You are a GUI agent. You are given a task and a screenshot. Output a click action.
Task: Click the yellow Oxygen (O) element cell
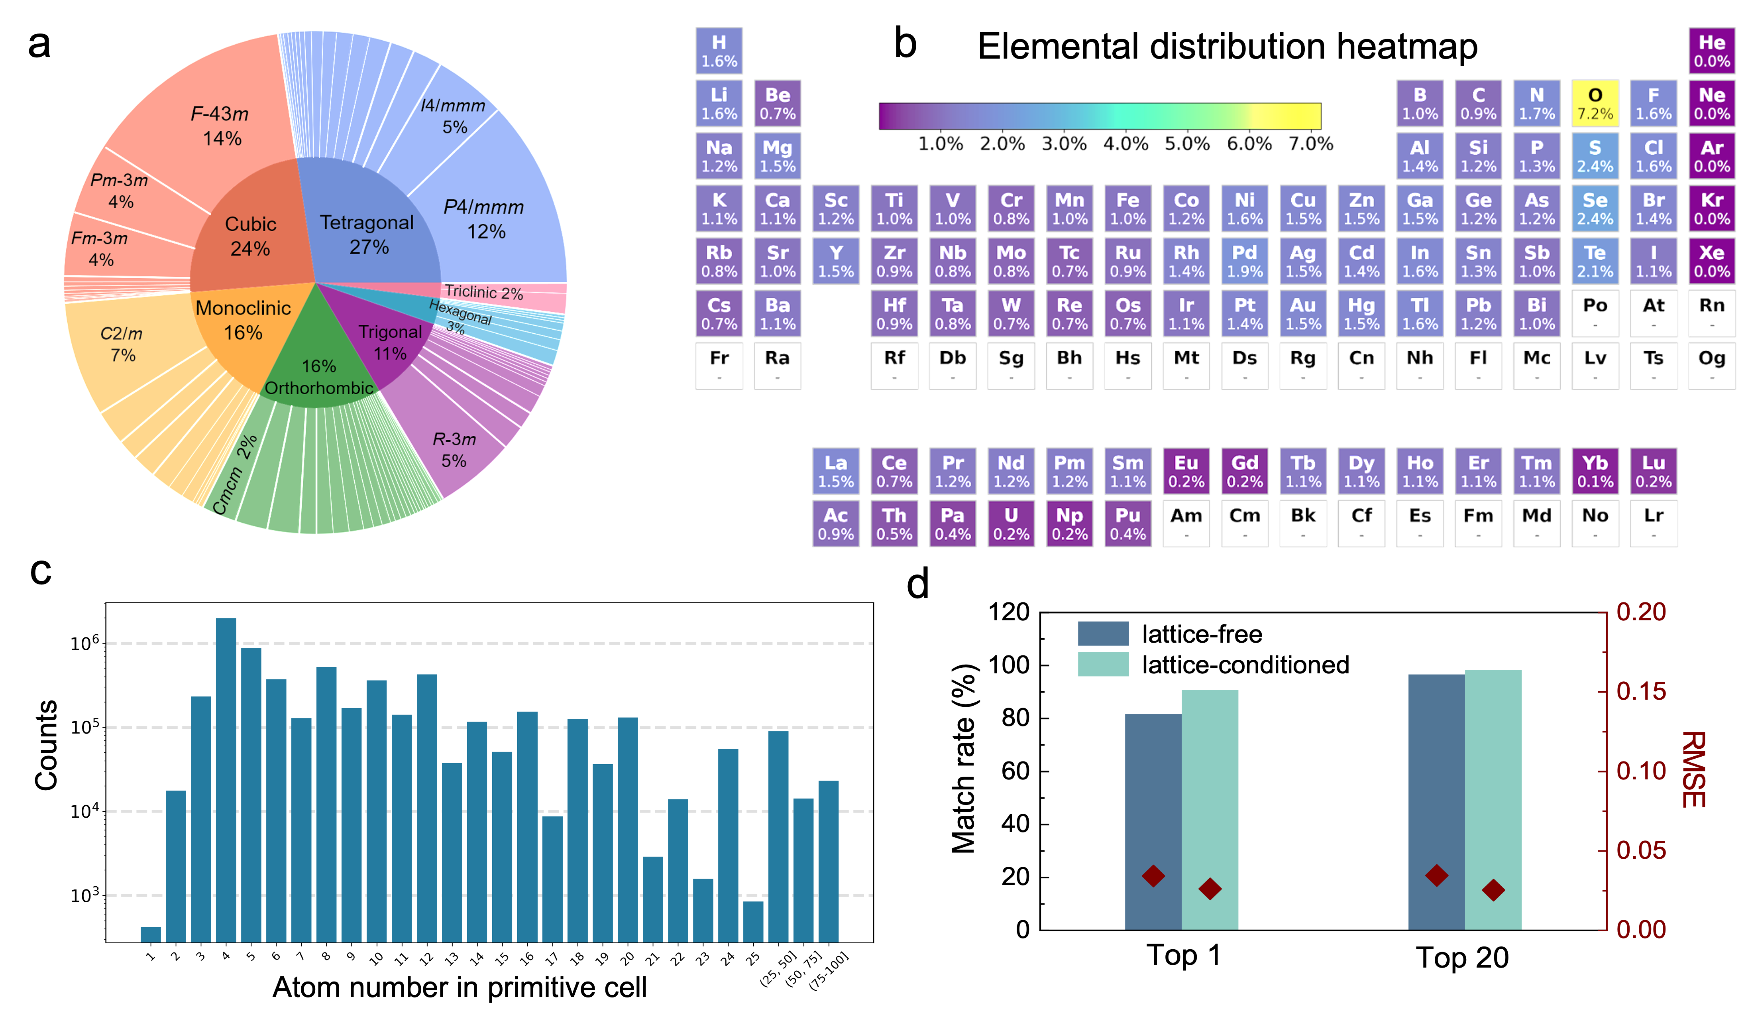(1595, 103)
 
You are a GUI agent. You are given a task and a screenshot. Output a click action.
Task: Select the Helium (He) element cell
(1711, 51)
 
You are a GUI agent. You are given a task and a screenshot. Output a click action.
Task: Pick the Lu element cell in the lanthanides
(1653, 471)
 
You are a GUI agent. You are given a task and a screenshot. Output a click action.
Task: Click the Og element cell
(1711, 366)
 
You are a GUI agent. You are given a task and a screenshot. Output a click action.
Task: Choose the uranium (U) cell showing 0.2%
(1011, 524)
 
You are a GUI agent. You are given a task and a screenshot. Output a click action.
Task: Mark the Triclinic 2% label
(483, 292)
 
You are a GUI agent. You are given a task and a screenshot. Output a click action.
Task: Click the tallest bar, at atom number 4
(226, 777)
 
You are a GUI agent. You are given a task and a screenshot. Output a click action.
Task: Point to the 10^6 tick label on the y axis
(84, 643)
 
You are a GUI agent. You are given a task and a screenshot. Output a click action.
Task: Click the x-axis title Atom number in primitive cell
(459, 986)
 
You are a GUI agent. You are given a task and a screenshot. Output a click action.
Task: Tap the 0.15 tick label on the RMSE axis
(1640, 691)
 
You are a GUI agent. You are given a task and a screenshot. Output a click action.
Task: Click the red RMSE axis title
(1693, 769)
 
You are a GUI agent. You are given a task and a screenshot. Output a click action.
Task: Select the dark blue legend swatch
(1103, 633)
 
